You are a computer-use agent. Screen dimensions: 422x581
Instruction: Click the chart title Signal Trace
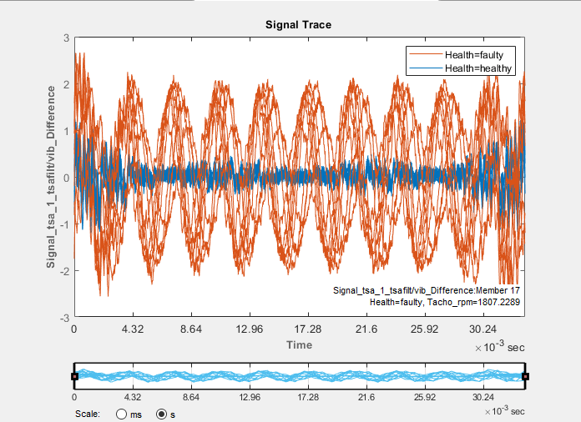point(299,25)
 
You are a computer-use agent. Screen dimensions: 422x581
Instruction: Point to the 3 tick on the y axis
point(66,38)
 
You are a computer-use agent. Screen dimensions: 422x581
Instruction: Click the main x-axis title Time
point(299,344)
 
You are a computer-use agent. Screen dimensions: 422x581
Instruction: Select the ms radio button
point(122,413)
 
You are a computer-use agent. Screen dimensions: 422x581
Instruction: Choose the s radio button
point(162,413)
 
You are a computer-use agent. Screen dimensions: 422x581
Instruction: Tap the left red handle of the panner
point(75,377)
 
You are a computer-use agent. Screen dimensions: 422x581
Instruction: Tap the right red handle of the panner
point(525,377)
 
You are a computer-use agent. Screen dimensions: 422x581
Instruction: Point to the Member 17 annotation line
point(427,289)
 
